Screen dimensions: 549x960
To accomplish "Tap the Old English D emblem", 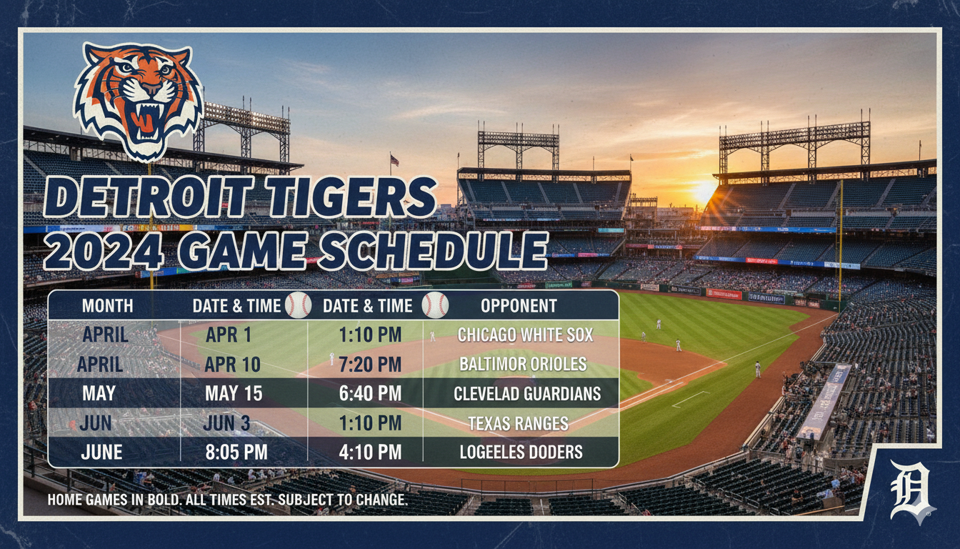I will pyautogui.click(x=909, y=492).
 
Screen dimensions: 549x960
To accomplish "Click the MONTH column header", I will pyautogui.click(x=107, y=306).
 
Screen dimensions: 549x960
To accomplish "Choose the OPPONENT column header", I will pyautogui.click(x=519, y=306).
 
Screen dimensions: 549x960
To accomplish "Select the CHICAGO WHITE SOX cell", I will pyautogui.click(x=525, y=335).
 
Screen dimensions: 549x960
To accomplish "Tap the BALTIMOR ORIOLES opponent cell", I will pyautogui.click(x=523, y=364).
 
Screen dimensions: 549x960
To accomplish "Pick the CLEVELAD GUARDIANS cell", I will pyautogui.click(x=527, y=394).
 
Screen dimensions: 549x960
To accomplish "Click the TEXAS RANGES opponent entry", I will pyautogui.click(x=519, y=423).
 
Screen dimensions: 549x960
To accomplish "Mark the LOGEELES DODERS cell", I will pyautogui.click(x=521, y=452).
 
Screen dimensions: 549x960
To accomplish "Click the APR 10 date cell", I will pyautogui.click(x=232, y=365).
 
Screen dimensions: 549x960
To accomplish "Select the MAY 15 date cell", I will pyautogui.click(x=234, y=394).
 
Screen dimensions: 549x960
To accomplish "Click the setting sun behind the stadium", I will pyautogui.click(x=703, y=189).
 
